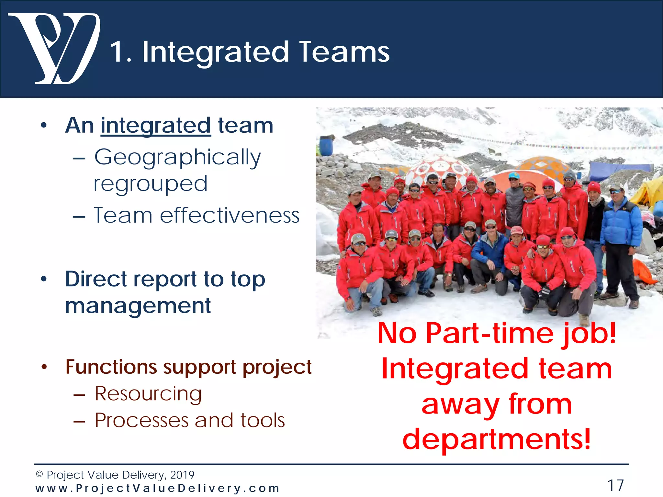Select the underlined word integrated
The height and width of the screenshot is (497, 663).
156,126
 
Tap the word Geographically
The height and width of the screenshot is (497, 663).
177,157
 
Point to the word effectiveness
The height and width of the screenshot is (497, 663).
230,215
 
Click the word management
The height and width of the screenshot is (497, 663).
138,306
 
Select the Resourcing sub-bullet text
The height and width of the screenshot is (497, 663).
148,394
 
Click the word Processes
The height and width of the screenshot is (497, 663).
141,420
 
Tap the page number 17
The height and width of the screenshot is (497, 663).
615,485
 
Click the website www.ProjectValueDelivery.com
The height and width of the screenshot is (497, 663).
157,488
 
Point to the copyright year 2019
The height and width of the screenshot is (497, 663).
182,475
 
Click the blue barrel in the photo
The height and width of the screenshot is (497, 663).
326,146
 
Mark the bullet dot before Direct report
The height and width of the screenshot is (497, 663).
44,279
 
